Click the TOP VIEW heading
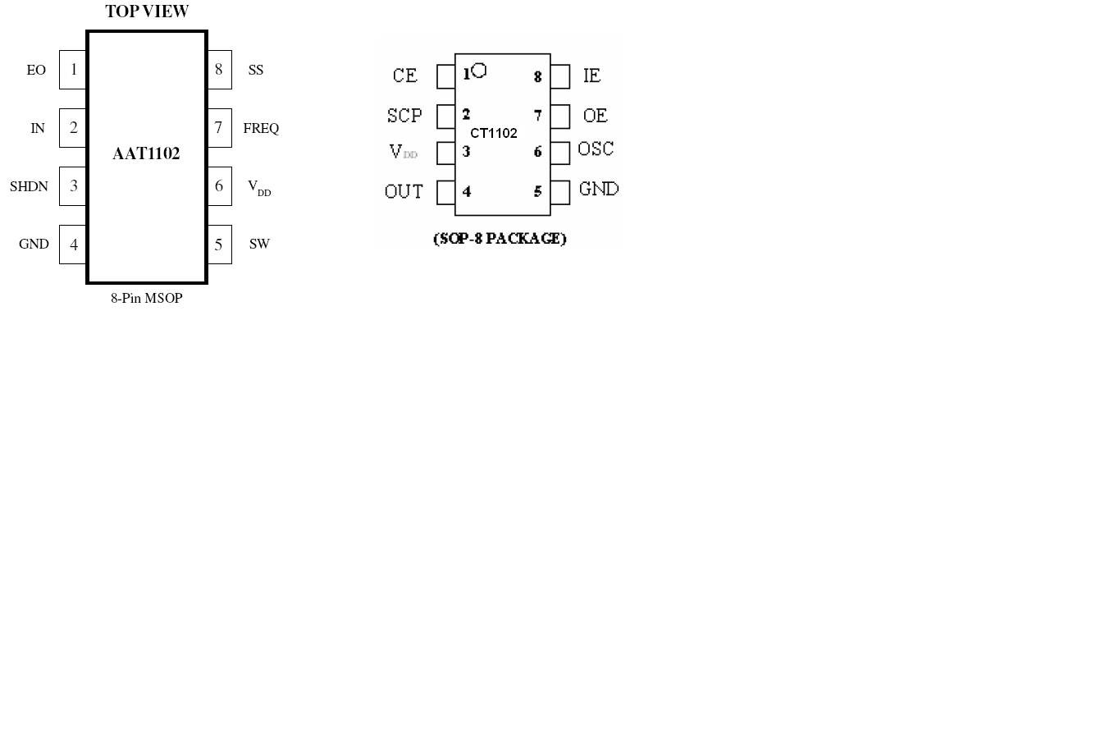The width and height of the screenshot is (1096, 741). tap(147, 11)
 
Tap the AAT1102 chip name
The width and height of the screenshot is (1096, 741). tap(146, 153)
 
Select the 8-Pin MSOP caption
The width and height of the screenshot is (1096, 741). tap(147, 298)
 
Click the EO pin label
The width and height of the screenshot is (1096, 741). tap(36, 70)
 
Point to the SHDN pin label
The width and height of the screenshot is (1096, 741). tap(29, 186)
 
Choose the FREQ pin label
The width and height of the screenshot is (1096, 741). tap(261, 128)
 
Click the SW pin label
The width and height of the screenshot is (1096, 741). tap(259, 244)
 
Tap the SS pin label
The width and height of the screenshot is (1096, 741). tap(256, 70)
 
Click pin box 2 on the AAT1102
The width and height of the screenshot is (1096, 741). tap(72, 128)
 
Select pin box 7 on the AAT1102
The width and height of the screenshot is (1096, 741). tap(219, 128)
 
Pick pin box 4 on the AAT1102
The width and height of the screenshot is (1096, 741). tap(72, 245)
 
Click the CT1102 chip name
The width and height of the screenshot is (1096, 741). tap(494, 133)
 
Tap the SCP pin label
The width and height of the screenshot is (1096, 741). tap(404, 116)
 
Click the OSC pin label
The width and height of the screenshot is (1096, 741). tap(596, 149)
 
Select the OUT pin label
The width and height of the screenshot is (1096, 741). tap(404, 191)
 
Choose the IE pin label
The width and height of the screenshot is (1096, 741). tap(591, 75)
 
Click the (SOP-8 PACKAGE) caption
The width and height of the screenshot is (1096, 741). tap(500, 238)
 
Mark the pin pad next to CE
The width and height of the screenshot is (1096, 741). tap(445, 76)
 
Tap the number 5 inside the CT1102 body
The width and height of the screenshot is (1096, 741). tap(537, 191)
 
